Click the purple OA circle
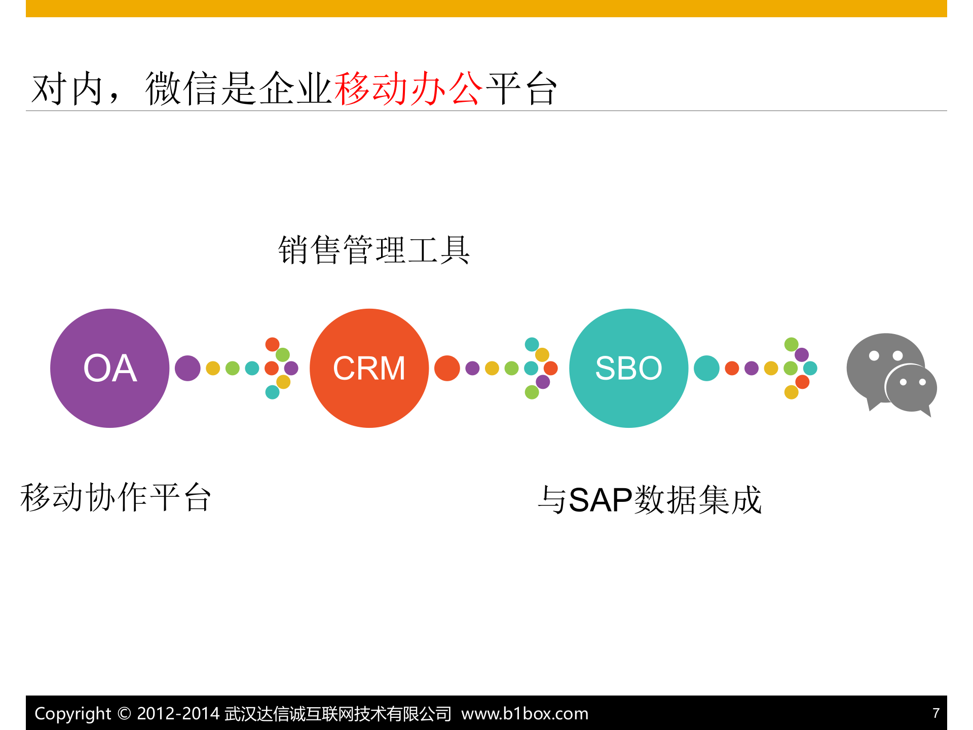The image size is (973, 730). [109, 368]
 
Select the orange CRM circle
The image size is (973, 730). [369, 368]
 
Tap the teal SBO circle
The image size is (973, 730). [628, 368]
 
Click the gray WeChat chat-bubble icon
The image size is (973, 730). [890, 374]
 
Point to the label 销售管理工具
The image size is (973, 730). [374, 250]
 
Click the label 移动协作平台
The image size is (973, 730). [116, 498]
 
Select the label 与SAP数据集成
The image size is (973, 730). [650, 500]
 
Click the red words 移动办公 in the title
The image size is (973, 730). [408, 89]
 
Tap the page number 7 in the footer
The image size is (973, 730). [936, 713]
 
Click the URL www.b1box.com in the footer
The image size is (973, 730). [525, 713]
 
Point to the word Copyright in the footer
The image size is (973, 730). [72, 713]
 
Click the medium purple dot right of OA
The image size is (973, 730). [188, 368]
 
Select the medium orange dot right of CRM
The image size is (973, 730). [447, 368]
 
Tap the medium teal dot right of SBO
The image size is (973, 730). [706, 368]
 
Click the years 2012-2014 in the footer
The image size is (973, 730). [178, 713]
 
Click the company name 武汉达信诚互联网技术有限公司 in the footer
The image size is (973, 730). [338, 713]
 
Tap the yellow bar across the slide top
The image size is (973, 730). [486, 9]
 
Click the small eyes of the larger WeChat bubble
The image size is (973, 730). [885, 355]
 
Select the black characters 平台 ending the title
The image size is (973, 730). [522, 89]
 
